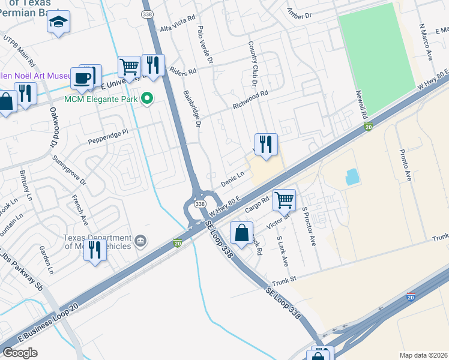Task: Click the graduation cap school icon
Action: click(58, 23)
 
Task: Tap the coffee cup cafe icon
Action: click(82, 77)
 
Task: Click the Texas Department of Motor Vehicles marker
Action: click(140, 241)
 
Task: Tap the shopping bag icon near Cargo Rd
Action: click(241, 233)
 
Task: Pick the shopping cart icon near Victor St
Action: click(284, 200)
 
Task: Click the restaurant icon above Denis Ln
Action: click(265, 144)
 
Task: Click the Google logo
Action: click(20, 353)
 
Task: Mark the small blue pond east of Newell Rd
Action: click(352, 176)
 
